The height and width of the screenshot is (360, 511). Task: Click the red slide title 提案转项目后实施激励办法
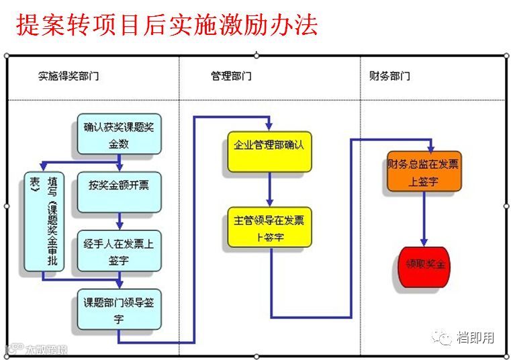[167, 25]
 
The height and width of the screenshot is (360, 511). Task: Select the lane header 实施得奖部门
[68, 76]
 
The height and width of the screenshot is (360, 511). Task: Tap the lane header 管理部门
[231, 76]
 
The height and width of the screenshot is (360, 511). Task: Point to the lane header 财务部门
[389, 76]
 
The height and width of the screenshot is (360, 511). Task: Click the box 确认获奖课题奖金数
[119, 134]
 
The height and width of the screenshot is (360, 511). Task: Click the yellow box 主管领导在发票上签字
[269, 227]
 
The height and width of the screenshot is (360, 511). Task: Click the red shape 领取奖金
[424, 265]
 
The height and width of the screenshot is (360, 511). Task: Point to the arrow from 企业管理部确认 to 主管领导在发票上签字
[269, 188]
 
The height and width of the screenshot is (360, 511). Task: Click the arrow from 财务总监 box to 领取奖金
[424, 218]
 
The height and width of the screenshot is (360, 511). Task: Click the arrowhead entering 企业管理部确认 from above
[269, 126]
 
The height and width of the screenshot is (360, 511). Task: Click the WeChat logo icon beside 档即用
[443, 337]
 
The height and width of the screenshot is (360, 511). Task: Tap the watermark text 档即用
[476, 337]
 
